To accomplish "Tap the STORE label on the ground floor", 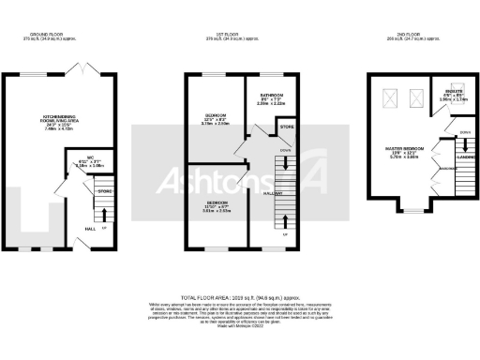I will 104,191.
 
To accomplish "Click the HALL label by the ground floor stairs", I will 91,229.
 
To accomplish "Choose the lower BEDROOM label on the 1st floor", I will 216,202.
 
